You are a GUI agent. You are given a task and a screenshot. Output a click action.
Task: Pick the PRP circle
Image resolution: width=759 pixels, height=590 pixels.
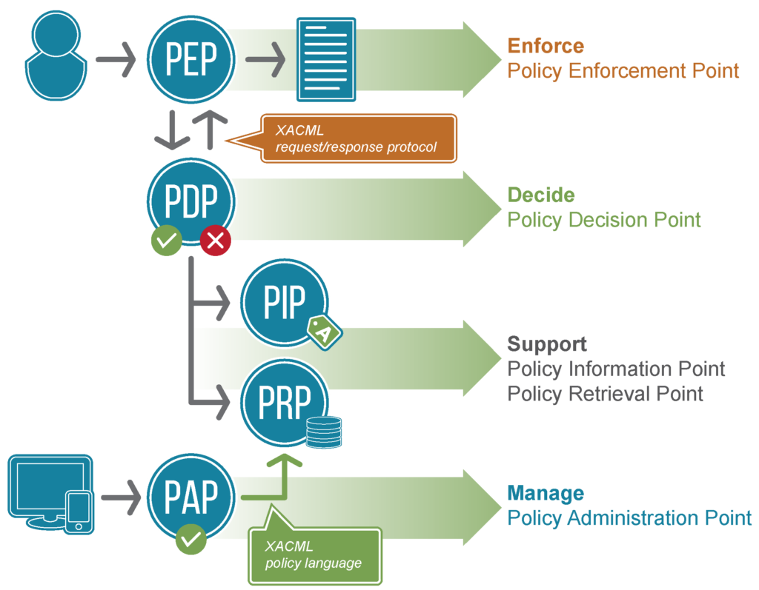pos(284,402)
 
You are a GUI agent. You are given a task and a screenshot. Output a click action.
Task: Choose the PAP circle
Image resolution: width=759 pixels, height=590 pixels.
pos(191,497)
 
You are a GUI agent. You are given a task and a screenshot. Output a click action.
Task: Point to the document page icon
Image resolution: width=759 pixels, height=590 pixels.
pos(325,58)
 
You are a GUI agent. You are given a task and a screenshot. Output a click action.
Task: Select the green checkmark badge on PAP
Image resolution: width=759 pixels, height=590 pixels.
pos(191,538)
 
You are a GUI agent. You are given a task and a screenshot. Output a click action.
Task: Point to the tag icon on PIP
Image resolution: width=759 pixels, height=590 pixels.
pos(324,331)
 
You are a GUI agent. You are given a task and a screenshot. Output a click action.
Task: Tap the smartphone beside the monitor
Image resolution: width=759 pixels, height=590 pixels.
pos(78,511)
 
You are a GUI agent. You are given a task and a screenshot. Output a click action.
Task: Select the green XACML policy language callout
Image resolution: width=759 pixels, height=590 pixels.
pos(315,554)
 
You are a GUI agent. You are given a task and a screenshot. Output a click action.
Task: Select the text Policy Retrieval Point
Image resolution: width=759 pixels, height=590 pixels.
pos(605,393)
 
